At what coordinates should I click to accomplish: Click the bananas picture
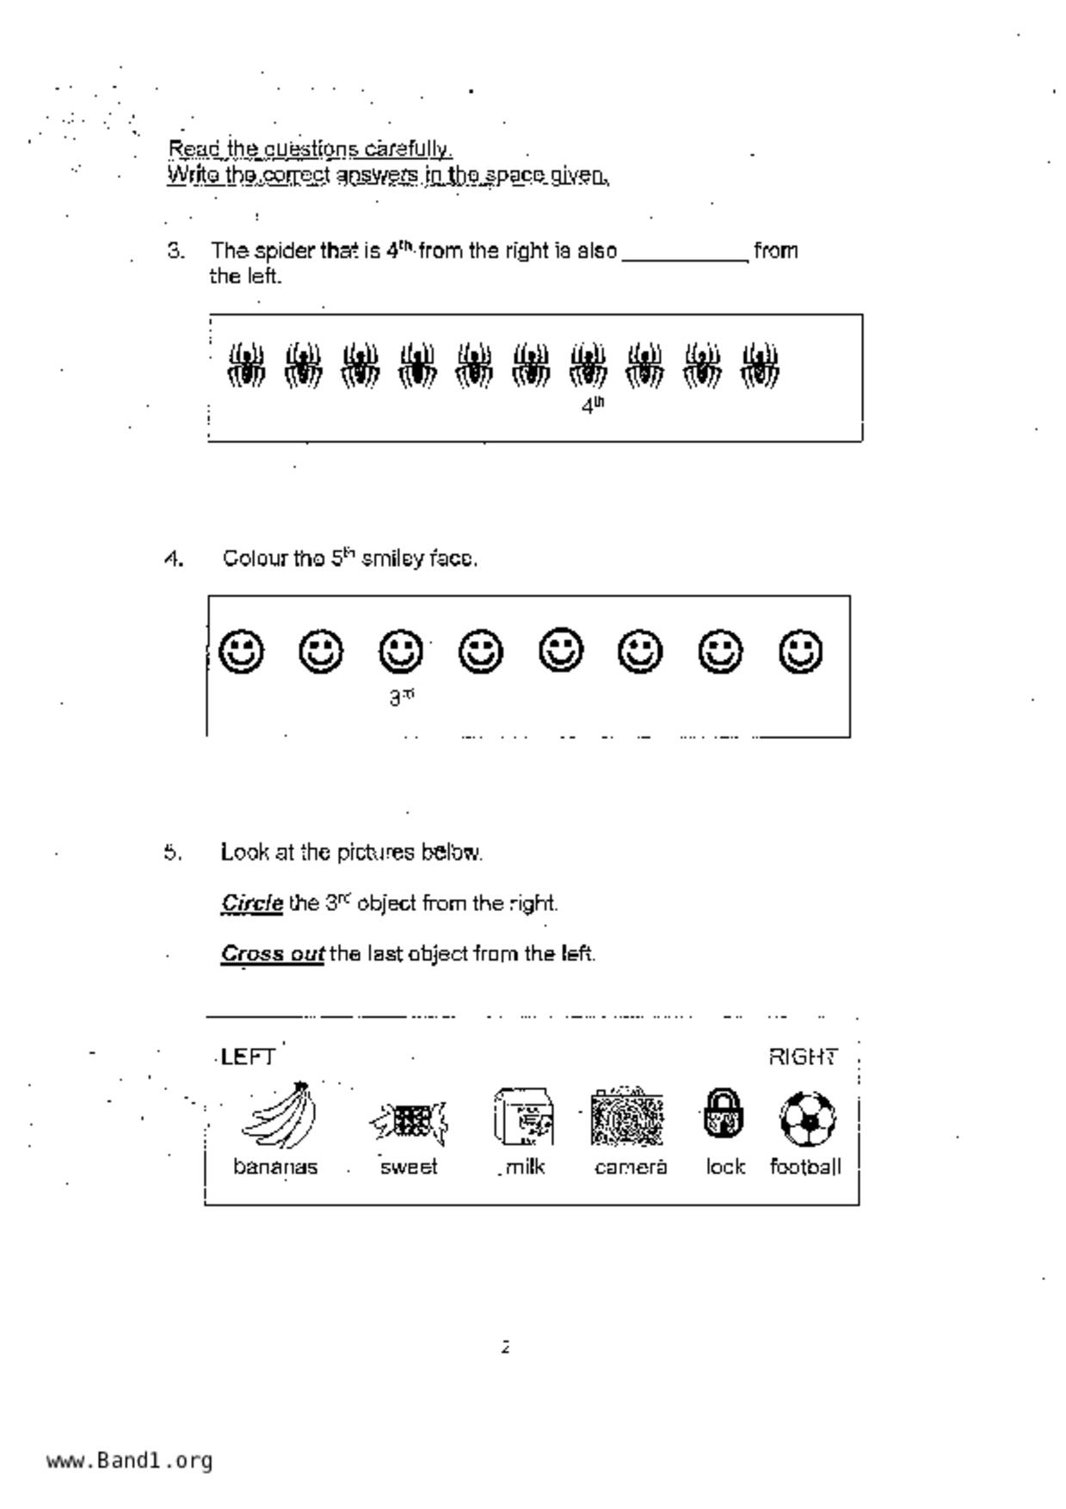[280, 1116]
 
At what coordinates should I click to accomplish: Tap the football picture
[807, 1118]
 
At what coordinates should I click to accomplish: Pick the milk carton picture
[523, 1117]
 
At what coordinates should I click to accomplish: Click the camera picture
[627, 1118]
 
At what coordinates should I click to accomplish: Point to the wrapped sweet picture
[410, 1120]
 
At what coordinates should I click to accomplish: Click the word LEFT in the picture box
[248, 1056]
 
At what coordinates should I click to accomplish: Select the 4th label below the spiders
[593, 406]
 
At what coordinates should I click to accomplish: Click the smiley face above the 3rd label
[401, 651]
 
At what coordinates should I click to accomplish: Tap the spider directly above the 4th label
[588, 366]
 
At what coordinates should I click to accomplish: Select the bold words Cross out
[272, 954]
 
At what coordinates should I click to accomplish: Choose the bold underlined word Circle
[252, 903]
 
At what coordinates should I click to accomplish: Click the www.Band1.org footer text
[129, 1461]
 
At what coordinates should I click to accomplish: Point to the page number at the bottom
[506, 1347]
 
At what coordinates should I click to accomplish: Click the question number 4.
[174, 559]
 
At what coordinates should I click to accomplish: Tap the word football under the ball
[805, 1167]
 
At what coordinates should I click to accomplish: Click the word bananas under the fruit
[275, 1167]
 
